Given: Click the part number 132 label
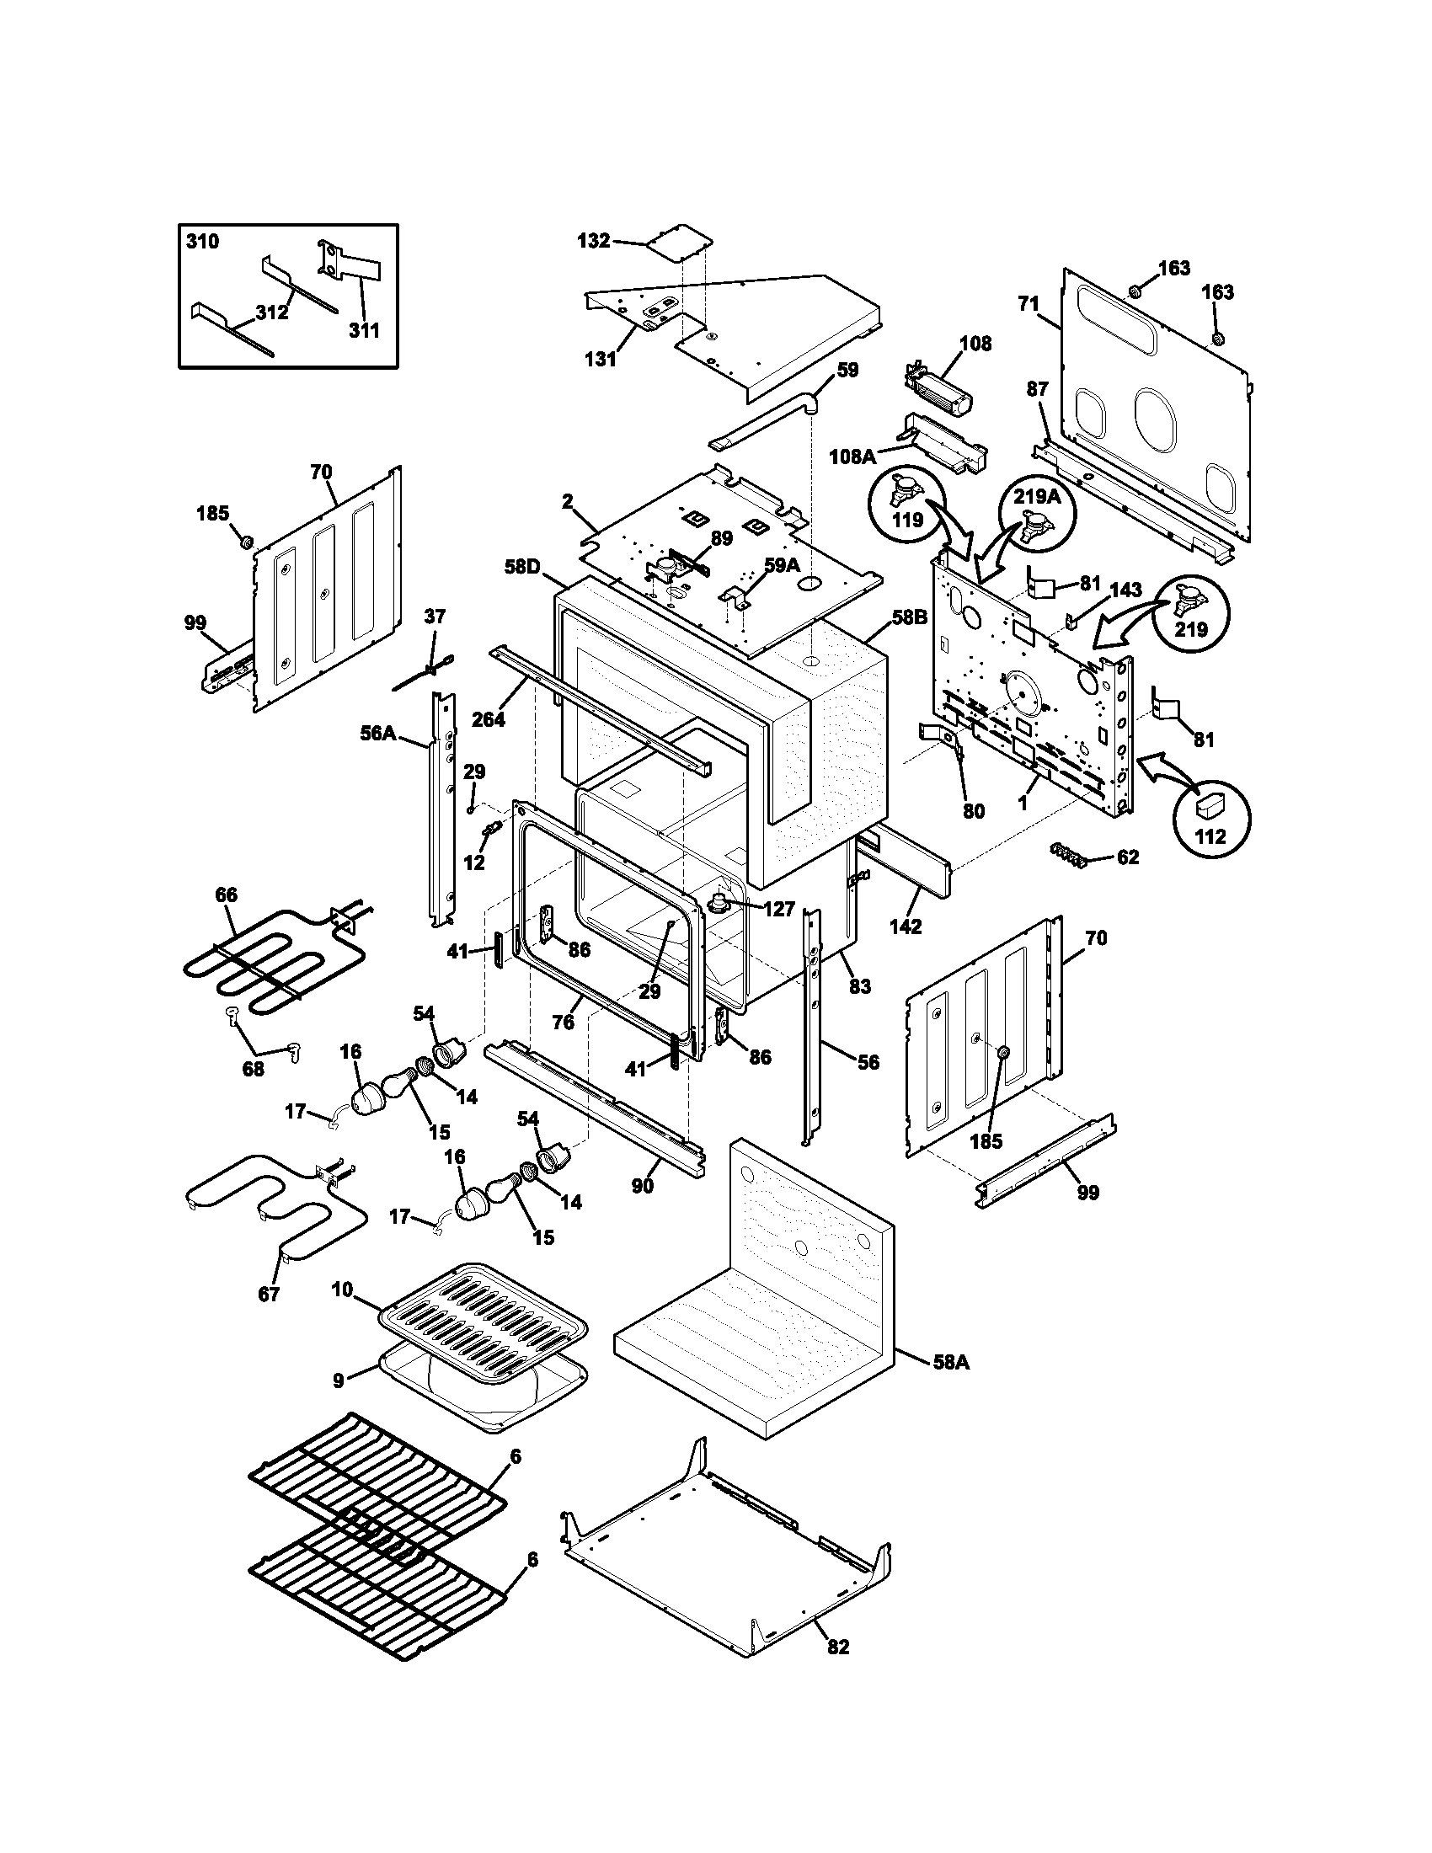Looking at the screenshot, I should point(593,241).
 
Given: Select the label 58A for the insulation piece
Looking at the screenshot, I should point(950,1362).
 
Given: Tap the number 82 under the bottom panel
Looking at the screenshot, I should point(837,1670).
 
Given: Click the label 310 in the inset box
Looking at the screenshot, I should point(202,242).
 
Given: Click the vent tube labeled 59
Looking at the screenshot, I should point(763,420).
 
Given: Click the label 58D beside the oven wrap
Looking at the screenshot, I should point(521,567).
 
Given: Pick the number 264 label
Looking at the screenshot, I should point(488,719).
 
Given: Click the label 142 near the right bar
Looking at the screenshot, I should point(906,926).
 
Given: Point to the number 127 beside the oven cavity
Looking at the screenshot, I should point(778,910).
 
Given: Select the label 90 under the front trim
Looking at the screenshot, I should point(642,1184).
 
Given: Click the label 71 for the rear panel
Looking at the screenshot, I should point(1029,303).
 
